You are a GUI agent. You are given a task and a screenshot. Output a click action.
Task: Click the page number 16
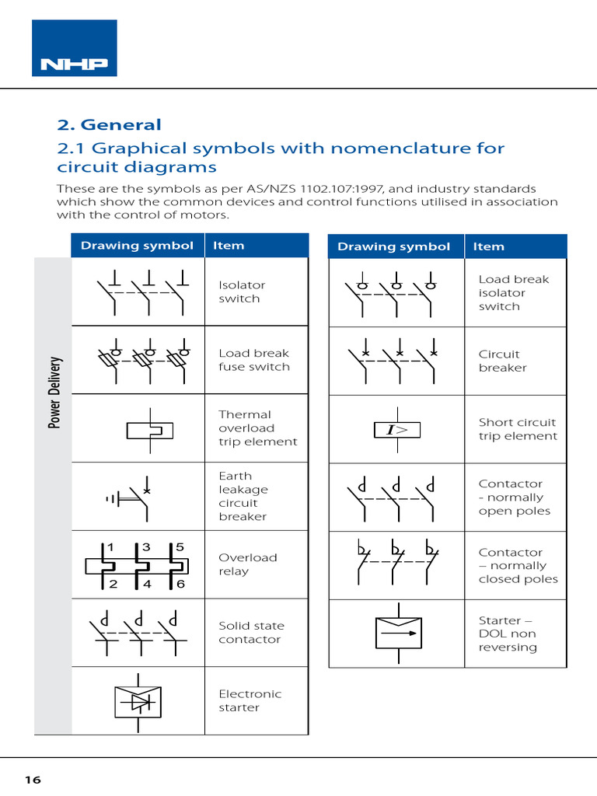point(32,780)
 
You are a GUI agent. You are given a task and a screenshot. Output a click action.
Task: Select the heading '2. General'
point(109,125)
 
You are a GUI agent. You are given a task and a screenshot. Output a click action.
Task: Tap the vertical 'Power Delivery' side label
point(54,393)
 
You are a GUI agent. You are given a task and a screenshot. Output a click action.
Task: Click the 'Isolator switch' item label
point(241,292)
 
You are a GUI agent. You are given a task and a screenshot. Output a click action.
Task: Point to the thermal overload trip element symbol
point(149,429)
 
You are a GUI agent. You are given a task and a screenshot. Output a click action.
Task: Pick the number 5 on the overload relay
point(180,547)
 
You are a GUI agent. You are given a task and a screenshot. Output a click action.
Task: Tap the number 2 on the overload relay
point(113,584)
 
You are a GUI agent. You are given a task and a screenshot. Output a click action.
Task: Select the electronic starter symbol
point(138,702)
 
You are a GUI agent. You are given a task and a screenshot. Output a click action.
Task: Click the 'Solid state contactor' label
point(251,633)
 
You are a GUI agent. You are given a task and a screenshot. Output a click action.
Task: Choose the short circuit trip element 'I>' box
point(397,430)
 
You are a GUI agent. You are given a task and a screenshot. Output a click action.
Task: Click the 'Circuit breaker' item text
point(502,361)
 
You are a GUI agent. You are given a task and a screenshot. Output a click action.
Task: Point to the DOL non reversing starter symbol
point(397,634)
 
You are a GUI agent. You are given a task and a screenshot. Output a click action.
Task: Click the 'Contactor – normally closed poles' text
point(518,566)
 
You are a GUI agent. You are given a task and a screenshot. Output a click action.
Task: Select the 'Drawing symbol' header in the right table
point(393,246)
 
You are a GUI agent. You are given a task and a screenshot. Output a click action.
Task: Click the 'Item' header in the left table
point(229,246)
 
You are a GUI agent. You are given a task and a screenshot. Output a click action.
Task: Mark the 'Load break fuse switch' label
point(253,360)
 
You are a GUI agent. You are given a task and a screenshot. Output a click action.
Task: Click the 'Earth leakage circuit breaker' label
point(244,496)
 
